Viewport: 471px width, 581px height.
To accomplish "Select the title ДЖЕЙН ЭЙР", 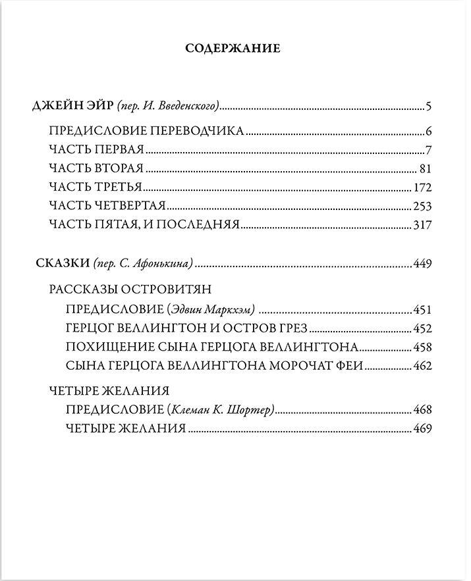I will [73, 106].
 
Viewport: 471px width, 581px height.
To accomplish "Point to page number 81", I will [425, 167].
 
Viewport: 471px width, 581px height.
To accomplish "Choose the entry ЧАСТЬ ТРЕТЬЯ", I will [96, 186].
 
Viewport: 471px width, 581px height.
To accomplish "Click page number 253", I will [422, 205].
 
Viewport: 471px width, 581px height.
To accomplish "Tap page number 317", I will [422, 224].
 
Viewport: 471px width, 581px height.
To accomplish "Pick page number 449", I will [422, 264].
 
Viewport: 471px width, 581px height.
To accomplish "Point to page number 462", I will [422, 366].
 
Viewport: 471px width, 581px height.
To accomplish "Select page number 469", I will [422, 429].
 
